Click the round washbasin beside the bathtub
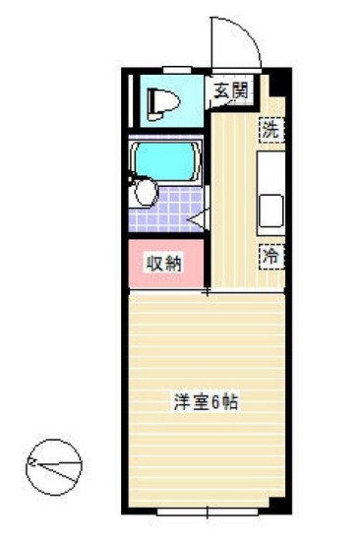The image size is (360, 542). coord(146,192)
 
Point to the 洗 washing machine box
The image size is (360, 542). coord(271,128)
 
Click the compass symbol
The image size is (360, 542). coord(53,465)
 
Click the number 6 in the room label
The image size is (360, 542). coord(217,401)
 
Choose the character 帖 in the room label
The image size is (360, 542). coord(232,401)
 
